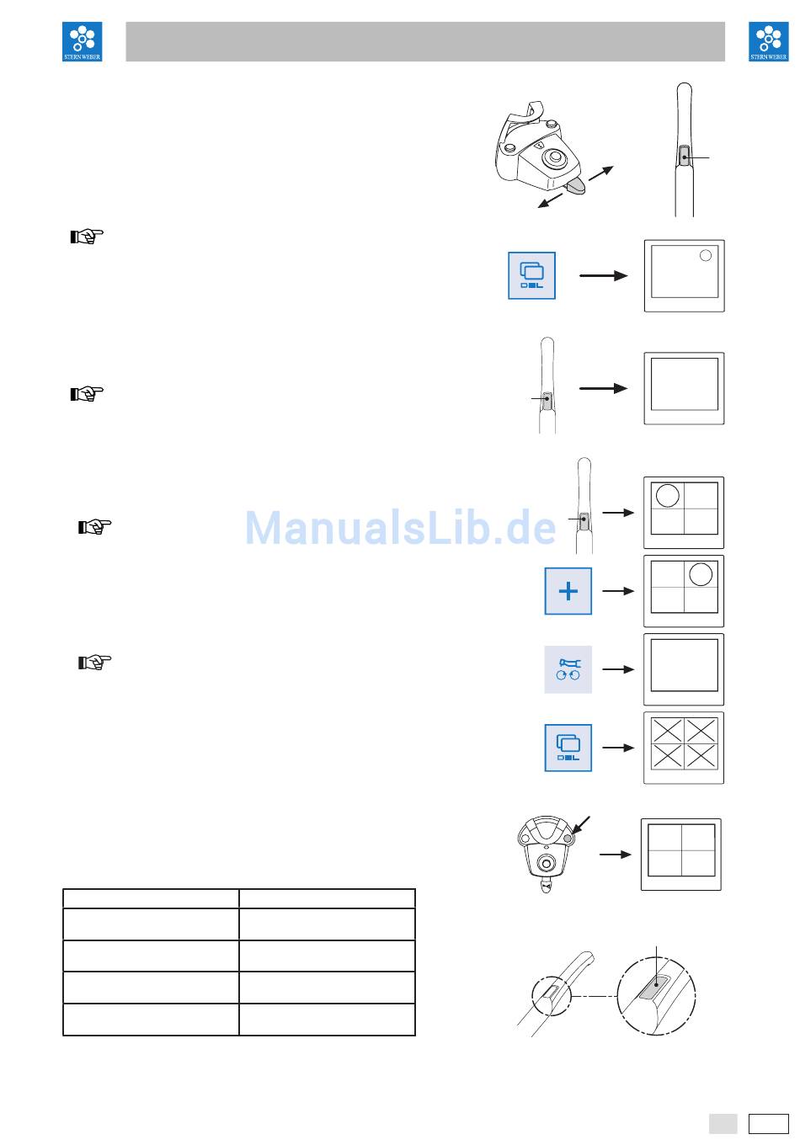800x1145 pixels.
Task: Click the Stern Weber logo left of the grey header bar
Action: pos(83,42)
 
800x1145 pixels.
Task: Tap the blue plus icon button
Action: pos(568,591)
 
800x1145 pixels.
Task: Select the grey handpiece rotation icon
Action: pos(568,669)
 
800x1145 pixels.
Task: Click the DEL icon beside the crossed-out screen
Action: pos(568,748)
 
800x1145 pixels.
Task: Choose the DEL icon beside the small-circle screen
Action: pos(531,275)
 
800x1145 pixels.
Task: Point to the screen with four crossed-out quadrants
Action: pos(684,748)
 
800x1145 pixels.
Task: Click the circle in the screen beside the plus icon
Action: pos(701,574)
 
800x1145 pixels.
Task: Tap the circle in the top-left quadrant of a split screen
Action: pos(667,495)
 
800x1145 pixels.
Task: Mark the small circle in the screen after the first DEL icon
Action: pos(706,255)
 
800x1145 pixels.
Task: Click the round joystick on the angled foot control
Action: pos(555,157)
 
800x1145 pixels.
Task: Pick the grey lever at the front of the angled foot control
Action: pos(577,187)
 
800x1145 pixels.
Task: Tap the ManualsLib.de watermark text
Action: pos(400,528)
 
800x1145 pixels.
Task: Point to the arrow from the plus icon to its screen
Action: pos(618,591)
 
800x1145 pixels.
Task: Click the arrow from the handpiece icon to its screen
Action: pos(618,669)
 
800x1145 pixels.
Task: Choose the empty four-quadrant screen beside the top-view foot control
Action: pos(681,854)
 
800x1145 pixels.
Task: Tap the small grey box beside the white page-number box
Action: pos(723,1124)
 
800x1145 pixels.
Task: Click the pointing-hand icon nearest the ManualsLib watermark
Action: pos(94,527)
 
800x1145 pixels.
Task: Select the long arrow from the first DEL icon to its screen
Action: pos(604,275)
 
